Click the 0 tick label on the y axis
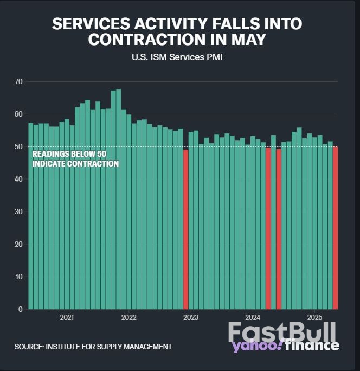(20, 309)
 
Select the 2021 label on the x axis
(67, 317)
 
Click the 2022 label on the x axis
(128, 317)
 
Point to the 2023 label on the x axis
(191, 317)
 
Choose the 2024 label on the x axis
(253, 317)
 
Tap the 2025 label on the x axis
(314, 317)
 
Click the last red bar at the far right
(335, 228)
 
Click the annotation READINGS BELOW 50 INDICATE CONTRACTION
(75, 158)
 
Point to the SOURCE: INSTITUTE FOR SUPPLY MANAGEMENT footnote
(93, 346)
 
